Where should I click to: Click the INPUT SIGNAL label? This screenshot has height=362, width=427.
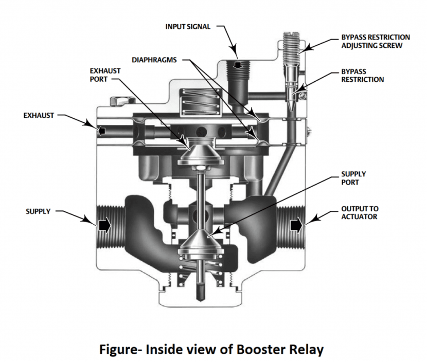pyautogui.click(x=188, y=27)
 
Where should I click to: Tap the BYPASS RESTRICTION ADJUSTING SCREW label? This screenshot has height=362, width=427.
pyautogui.click(x=376, y=41)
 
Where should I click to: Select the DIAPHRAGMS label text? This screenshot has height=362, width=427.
pyautogui.click(x=154, y=60)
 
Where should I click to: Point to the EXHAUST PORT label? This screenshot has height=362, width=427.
pyautogui.click(x=105, y=75)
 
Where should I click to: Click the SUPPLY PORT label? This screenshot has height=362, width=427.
pyautogui.click(x=353, y=178)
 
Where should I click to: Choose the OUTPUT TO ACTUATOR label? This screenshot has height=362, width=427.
pyautogui.click(x=360, y=212)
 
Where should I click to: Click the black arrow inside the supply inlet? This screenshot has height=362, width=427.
pyautogui.click(x=104, y=225)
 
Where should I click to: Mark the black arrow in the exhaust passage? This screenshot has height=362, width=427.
pyautogui.click(x=102, y=131)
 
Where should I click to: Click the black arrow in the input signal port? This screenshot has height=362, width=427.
pyautogui.click(x=238, y=65)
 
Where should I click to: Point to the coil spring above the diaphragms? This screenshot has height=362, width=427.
pyautogui.click(x=200, y=102)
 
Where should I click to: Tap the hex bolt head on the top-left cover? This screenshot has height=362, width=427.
pyautogui.click(x=118, y=101)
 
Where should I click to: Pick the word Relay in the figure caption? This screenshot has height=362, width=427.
pyautogui.click(x=306, y=350)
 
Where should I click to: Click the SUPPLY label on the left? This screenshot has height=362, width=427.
pyautogui.click(x=38, y=211)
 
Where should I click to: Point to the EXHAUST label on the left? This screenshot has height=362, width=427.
pyautogui.click(x=39, y=115)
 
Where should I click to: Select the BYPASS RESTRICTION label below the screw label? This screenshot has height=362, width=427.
pyautogui.click(x=363, y=76)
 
